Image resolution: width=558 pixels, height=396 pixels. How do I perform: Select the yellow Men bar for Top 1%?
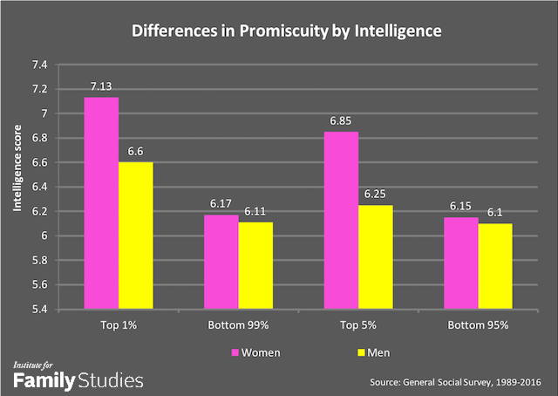(x=135, y=235)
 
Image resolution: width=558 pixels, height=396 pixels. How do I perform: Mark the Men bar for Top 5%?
(x=375, y=256)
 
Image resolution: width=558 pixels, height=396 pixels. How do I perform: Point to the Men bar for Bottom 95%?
(x=494, y=265)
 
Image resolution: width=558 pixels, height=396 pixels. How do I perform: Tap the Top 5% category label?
(x=357, y=324)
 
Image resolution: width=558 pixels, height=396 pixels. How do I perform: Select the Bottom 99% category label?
(x=238, y=324)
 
